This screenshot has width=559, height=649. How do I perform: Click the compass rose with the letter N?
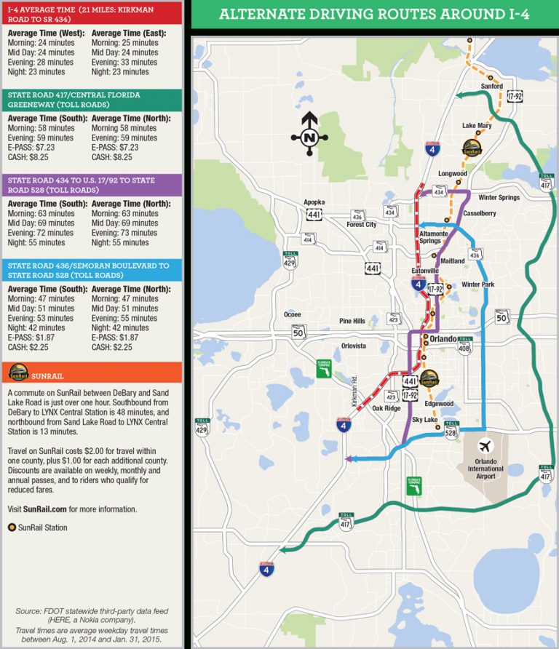(309, 135)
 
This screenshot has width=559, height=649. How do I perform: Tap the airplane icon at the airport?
(485, 446)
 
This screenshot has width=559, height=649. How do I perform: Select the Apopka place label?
(314, 202)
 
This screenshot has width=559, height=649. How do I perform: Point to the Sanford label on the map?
(492, 86)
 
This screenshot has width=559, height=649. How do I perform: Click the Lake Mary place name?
(477, 126)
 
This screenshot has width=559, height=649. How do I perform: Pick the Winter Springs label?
(499, 197)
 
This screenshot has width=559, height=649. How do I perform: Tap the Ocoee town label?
(292, 314)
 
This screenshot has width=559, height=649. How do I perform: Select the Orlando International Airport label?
(485, 469)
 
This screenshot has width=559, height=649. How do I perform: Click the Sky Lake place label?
(424, 421)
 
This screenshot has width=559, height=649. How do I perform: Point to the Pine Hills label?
(352, 321)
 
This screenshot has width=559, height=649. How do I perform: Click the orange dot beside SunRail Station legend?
(12, 527)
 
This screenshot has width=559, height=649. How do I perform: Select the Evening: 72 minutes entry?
(41, 233)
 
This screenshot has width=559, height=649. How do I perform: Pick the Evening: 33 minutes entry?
(125, 63)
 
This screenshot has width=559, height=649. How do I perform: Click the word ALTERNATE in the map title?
(261, 15)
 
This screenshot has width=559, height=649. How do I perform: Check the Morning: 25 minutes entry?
(125, 43)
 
